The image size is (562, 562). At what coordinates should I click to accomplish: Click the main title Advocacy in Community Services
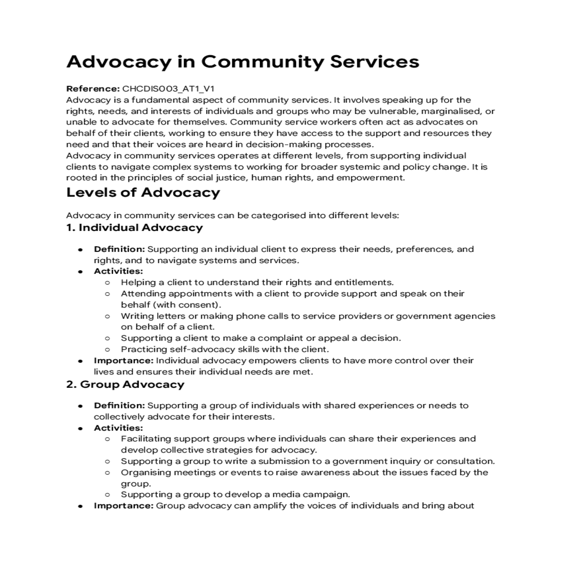243,62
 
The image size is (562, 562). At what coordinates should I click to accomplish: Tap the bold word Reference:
93,89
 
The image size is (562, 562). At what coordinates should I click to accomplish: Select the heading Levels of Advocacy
143,192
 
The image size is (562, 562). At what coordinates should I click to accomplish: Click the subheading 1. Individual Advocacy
134,228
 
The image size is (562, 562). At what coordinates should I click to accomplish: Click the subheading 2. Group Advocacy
125,385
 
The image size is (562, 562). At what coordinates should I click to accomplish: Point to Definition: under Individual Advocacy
119,249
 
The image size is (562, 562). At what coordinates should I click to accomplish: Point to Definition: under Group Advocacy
119,406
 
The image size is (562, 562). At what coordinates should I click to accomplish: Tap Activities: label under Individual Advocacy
118,271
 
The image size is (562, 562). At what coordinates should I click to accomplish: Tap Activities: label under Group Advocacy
118,428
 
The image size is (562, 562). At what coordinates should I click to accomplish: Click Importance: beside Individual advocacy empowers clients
124,361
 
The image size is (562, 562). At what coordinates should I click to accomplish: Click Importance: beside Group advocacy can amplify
124,506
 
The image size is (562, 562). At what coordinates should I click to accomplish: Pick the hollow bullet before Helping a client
108,283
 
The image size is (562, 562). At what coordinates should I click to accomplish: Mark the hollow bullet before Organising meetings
108,473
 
